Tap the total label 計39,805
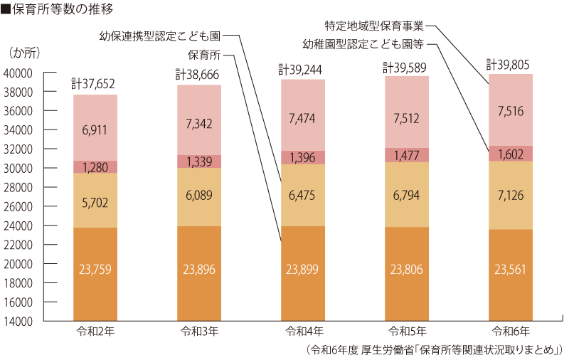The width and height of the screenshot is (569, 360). coord(510,64)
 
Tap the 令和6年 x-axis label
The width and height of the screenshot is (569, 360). coord(511,332)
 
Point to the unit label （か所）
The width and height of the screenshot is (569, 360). coord(26,53)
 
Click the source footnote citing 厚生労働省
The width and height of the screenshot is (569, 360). coord(433,350)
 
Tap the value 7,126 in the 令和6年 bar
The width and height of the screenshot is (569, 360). coord(511,194)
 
